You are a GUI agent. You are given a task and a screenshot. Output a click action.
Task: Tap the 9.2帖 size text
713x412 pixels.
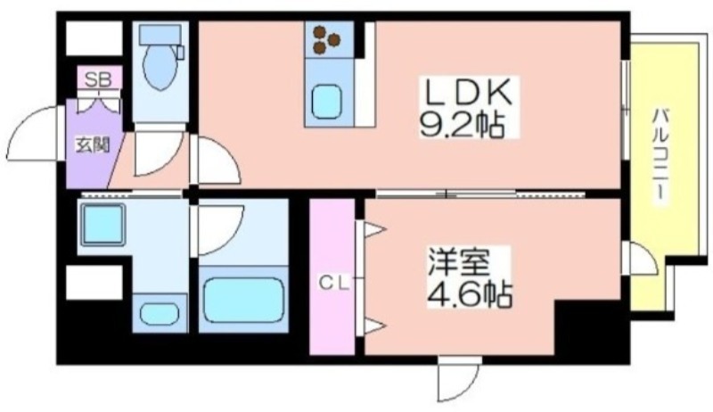click(x=462, y=124)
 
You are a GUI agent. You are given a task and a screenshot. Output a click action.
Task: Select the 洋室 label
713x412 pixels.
click(x=458, y=261)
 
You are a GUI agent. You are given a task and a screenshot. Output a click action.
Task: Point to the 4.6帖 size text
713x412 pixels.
click(x=471, y=293)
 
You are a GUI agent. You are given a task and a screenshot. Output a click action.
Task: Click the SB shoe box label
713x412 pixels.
click(x=99, y=80)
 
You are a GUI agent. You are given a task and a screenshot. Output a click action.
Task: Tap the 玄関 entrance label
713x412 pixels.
click(x=93, y=145)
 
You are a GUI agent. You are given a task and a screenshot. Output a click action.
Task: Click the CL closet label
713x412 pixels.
click(x=334, y=284)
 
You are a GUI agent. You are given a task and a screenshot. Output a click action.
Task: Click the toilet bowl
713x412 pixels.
click(x=160, y=67)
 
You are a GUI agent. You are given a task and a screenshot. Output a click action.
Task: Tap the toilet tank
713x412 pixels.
click(x=160, y=35)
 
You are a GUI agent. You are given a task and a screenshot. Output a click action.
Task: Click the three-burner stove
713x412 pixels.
click(x=327, y=38)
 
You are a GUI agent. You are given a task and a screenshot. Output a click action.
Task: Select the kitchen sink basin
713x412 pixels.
click(x=326, y=102)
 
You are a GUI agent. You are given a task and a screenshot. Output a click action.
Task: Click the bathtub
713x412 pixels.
click(x=243, y=301)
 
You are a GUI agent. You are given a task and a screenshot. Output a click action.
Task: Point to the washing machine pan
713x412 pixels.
click(x=102, y=225)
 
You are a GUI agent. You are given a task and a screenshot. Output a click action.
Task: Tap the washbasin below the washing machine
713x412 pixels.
click(x=160, y=313)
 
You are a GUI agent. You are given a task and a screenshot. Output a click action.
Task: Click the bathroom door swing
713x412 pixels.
click(x=218, y=231)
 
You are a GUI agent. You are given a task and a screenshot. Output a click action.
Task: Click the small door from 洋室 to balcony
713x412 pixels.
click(x=640, y=259)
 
